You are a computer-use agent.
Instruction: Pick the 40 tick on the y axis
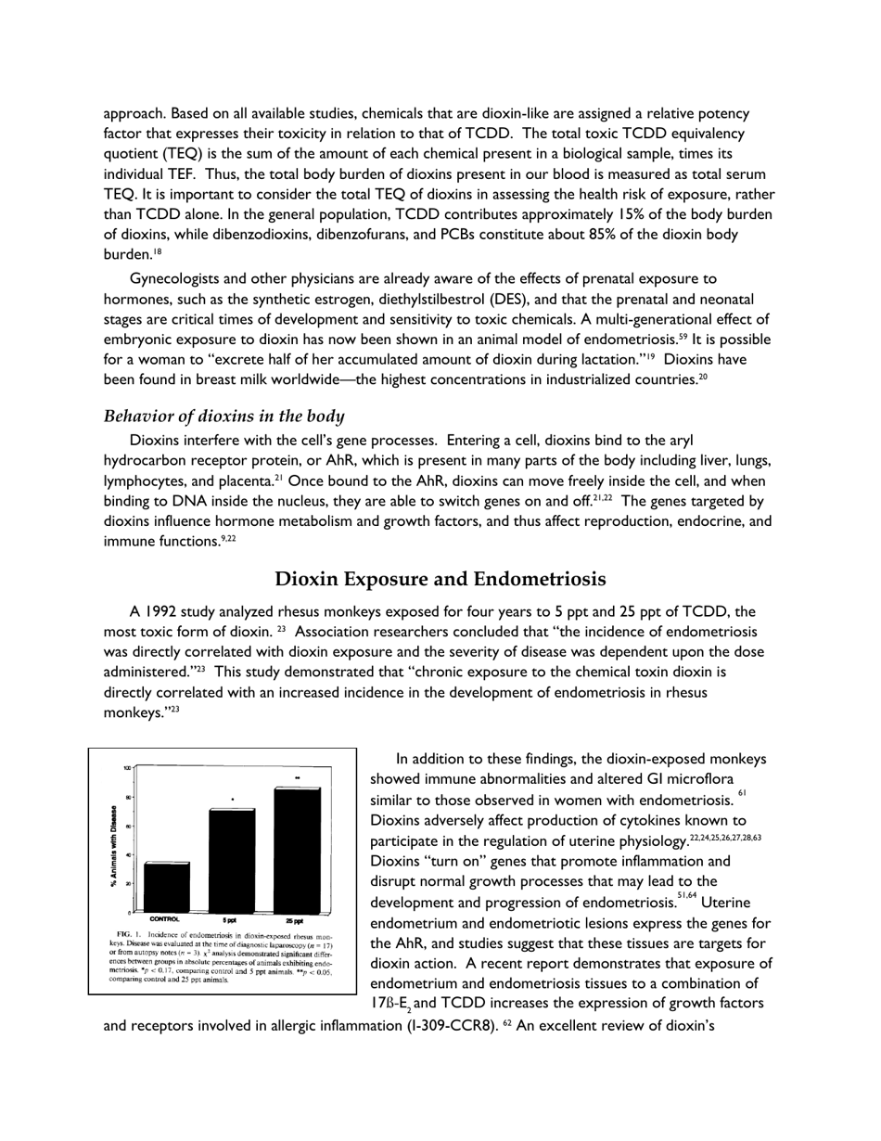tap(127, 854)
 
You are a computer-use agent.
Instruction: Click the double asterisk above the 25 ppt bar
tap(298, 777)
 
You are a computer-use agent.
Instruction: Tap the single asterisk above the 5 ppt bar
tap(232, 799)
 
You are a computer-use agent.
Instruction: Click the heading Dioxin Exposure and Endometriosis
tap(440, 579)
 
